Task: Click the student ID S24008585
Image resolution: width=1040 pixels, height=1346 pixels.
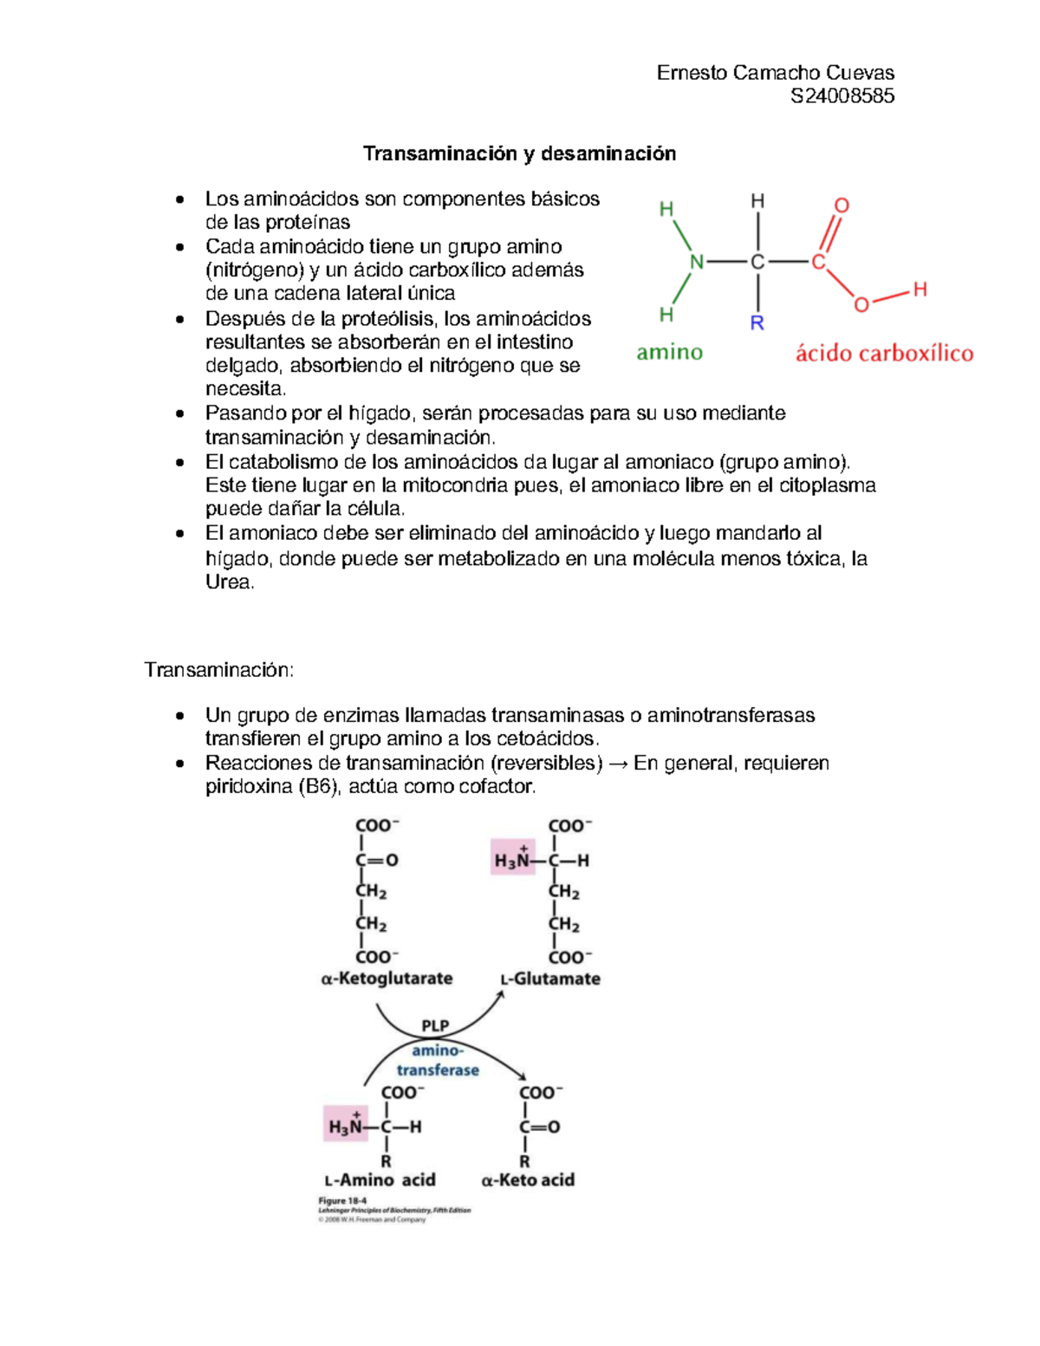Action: click(842, 96)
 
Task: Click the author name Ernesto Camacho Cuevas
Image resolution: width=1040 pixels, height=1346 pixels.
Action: click(775, 73)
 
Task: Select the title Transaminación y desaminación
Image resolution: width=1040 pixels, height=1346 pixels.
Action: click(519, 153)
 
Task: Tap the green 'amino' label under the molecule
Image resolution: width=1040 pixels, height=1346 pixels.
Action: click(669, 352)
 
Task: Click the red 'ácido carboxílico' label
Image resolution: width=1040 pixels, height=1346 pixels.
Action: click(884, 353)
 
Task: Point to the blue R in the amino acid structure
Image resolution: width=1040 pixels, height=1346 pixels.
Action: click(757, 323)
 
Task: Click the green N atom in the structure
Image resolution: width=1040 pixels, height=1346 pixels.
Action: click(697, 262)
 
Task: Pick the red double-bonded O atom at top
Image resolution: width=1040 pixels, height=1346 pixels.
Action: click(842, 205)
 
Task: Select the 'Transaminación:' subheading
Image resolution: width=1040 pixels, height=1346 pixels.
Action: click(219, 670)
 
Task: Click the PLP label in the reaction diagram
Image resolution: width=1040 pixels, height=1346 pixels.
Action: click(435, 1025)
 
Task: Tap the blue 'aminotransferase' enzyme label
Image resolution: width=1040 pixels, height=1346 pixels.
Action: click(438, 1061)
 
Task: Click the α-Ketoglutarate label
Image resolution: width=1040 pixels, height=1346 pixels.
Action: click(387, 979)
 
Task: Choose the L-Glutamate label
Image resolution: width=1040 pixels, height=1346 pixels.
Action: click(550, 979)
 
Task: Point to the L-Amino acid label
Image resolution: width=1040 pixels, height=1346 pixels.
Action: click(380, 1180)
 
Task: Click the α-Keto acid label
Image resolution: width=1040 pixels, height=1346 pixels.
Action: click(528, 1180)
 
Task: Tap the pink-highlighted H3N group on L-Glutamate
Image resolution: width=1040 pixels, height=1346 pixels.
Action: click(512, 858)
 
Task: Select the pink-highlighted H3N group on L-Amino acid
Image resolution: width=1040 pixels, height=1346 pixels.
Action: click(346, 1125)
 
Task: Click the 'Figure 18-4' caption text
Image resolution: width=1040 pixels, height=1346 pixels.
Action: click(342, 1201)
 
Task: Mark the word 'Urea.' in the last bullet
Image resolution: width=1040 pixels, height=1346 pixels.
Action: click(230, 582)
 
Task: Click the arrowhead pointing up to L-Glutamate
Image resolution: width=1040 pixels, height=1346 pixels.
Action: click(500, 996)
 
